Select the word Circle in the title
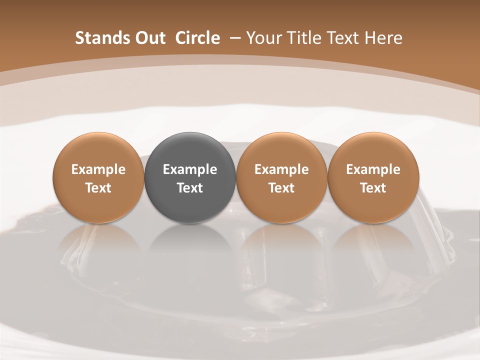pos(197,38)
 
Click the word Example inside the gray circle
pos(190,169)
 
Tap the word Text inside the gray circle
pos(190,188)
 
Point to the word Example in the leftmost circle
pos(98,169)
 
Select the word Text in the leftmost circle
pos(98,188)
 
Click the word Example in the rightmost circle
pos(373,169)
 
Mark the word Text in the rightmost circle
pos(373,188)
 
